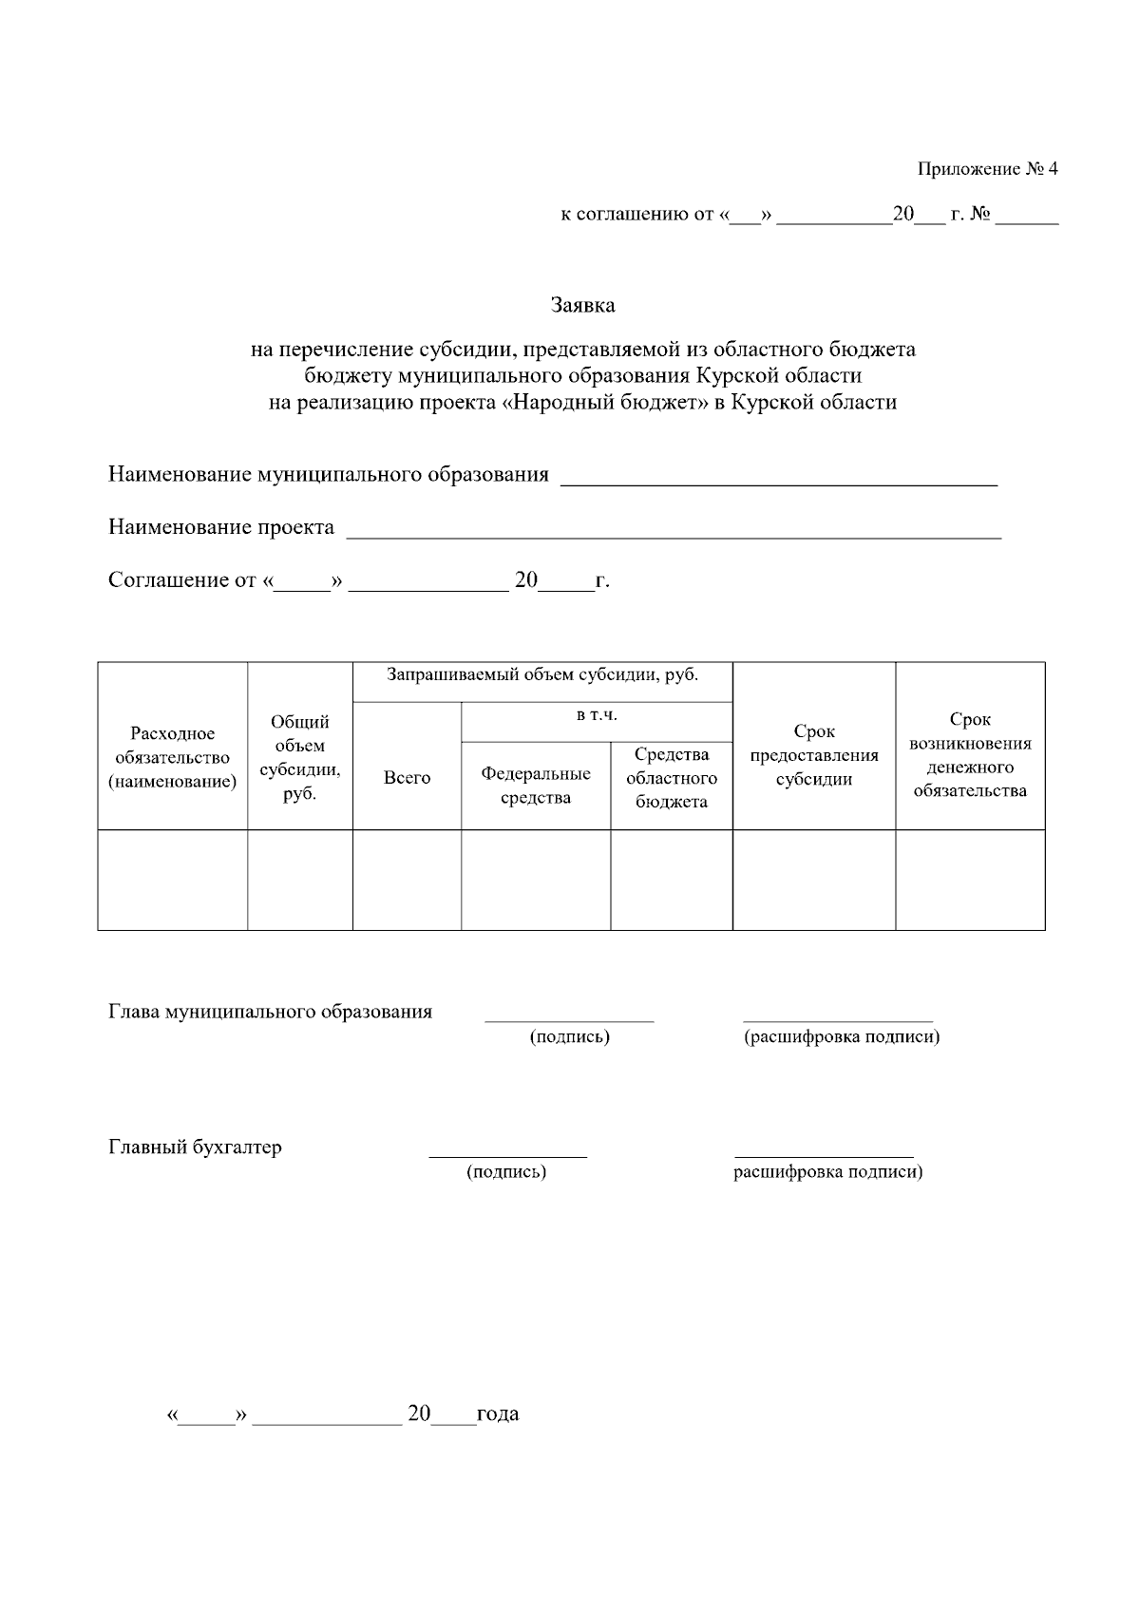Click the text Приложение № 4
pyautogui.click(x=987, y=169)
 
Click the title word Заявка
pyautogui.click(x=582, y=305)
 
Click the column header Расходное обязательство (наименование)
pyautogui.click(x=173, y=757)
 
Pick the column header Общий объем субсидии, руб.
pyautogui.click(x=300, y=758)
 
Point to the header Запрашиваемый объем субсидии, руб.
pyautogui.click(x=542, y=675)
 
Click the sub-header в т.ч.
pyautogui.click(x=597, y=715)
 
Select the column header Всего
pyautogui.click(x=407, y=777)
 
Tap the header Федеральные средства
pyautogui.click(x=536, y=786)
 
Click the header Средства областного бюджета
pyautogui.click(x=672, y=778)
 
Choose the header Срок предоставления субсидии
pyautogui.click(x=814, y=756)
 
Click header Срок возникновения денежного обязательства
pyautogui.click(x=970, y=755)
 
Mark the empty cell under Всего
pyautogui.click(x=407, y=880)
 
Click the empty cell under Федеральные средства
pyautogui.click(x=536, y=880)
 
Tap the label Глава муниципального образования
pyautogui.click(x=270, y=1012)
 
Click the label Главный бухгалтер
pyautogui.click(x=195, y=1147)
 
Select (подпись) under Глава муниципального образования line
pyautogui.click(x=569, y=1036)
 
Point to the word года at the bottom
pyautogui.click(x=498, y=1413)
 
